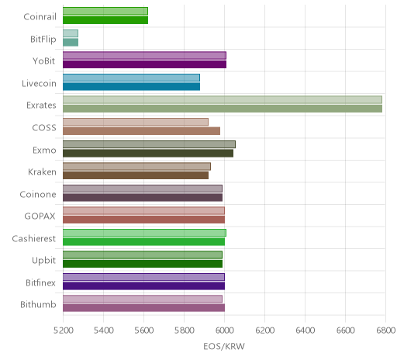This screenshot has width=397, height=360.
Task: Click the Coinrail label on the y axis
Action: coord(40,17)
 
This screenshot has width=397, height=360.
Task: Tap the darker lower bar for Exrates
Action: coord(223,109)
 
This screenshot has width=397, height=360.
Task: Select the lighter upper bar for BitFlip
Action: coord(71,33)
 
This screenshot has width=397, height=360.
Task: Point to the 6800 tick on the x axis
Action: coord(386,331)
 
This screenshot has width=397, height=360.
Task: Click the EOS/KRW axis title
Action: coord(224,346)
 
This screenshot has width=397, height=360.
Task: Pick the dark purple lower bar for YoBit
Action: coord(145,64)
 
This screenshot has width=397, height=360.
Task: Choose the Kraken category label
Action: coord(42,172)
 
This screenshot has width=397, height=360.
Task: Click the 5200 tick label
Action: coord(63,331)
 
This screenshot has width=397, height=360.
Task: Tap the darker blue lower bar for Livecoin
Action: coord(131,87)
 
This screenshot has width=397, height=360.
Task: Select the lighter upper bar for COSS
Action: coord(136,122)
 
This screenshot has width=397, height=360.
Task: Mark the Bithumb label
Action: coord(38,304)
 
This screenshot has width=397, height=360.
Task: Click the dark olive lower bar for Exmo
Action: coord(148,153)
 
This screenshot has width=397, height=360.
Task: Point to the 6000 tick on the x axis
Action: coord(224,331)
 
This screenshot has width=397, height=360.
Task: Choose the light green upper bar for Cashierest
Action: coord(145,233)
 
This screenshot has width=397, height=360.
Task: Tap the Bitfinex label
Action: coord(41,282)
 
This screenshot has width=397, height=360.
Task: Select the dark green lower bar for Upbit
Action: coord(143,264)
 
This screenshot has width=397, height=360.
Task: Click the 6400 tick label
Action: coord(305,331)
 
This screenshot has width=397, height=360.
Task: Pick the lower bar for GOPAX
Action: coord(144,220)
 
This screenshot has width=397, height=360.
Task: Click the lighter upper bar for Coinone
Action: coord(143,189)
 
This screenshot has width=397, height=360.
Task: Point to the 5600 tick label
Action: coord(144,331)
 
